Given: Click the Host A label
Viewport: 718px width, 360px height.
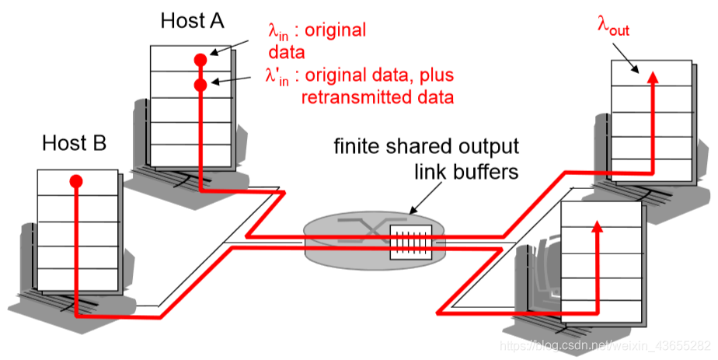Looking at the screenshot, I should click(x=193, y=20).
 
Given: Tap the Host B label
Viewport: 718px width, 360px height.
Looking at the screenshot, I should click(x=75, y=143).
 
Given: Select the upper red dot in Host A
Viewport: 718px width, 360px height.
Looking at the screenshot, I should click(x=200, y=59).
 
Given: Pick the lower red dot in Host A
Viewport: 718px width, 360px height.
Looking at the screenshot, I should click(x=200, y=84).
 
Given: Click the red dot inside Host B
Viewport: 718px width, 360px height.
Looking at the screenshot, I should click(x=75, y=181).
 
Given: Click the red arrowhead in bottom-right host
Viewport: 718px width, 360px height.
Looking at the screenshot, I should click(x=597, y=227).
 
